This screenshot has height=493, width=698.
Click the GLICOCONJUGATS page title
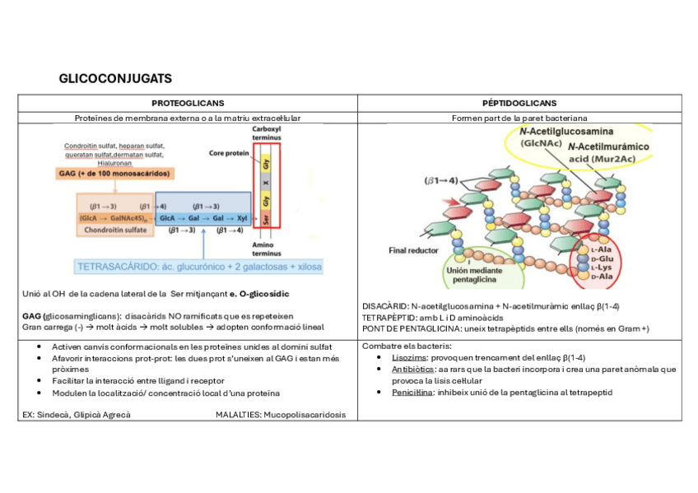click(x=115, y=79)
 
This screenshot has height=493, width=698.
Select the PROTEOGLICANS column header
click(x=188, y=104)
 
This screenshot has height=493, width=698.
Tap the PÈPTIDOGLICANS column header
click(x=519, y=104)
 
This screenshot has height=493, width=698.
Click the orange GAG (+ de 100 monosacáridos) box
click(x=123, y=174)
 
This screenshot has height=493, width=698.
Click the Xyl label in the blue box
click(x=240, y=218)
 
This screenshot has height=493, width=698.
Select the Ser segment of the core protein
click(x=267, y=220)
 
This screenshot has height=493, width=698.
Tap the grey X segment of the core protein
click(x=267, y=182)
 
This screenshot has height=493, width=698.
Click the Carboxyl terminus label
click(x=267, y=133)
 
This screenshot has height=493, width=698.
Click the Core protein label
click(x=228, y=153)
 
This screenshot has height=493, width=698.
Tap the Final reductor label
click(x=413, y=249)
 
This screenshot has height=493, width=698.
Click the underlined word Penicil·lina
click(x=412, y=393)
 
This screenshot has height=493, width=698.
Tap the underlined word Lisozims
click(x=409, y=358)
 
